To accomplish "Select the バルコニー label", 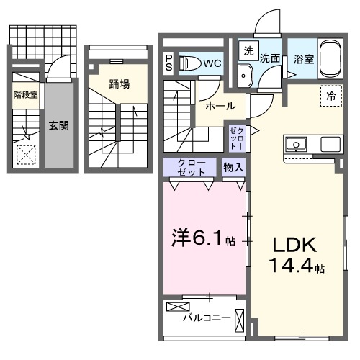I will click(x=206, y=318).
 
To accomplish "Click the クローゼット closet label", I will click(x=192, y=168).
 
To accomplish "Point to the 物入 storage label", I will click(x=233, y=168).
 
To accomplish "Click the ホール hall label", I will click(x=220, y=106).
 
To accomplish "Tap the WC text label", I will click(x=212, y=63).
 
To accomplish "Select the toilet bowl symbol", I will click(x=189, y=63).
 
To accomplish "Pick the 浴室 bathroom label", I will click(x=303, y=59).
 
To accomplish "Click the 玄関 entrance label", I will click(x=58, y=125).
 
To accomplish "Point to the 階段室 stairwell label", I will click(x=25, y=94).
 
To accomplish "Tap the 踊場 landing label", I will click(x=120, y=84).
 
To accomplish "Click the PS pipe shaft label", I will click(x=168, y=63).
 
